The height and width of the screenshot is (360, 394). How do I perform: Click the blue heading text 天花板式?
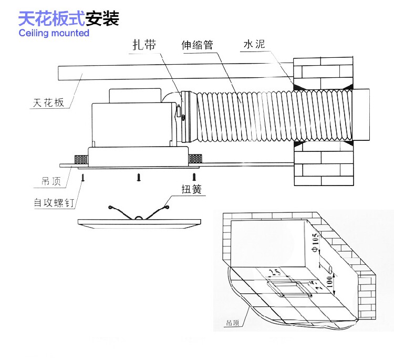[x=51, y=19]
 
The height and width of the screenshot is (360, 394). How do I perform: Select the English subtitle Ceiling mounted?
[x=54, y=33]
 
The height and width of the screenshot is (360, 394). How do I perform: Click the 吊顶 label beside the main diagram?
[x=50, y=182]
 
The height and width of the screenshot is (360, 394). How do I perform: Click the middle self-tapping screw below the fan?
[x=139, y=178]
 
